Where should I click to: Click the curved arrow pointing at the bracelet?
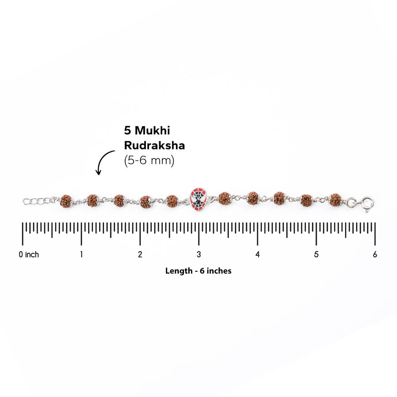point(104,161)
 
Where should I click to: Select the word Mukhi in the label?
point(152,131)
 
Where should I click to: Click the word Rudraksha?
point(154,145)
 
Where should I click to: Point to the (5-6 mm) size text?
point(149,160)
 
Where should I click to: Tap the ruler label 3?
point(199,254)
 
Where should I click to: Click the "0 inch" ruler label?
point(29,254)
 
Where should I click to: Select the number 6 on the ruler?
point(375,254)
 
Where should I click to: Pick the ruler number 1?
point(81,254)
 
